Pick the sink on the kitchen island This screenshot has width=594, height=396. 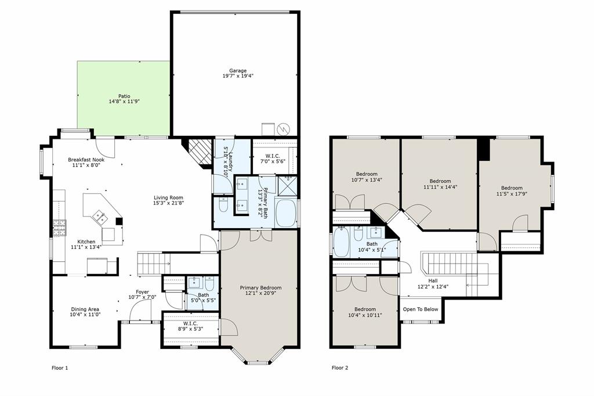[100, 217]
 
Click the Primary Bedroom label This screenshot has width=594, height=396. [260, 287]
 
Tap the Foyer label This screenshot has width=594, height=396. [142, 292]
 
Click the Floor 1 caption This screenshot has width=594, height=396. [60, 368]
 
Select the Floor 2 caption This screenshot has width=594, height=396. [339, 368]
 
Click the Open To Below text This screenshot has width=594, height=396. [421, 309]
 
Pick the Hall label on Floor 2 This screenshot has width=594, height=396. [433, 280]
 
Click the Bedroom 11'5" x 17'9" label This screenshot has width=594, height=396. [512, 188]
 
